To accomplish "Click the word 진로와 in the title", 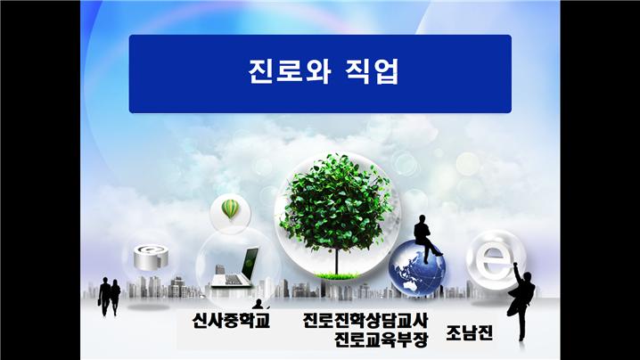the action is (x=288, y=72).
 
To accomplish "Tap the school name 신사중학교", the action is (x=232, y=320).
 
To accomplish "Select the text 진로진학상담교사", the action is (x=365, y=321).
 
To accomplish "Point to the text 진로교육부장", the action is (x=382, y=340).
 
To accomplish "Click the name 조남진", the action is (x=470, y=332).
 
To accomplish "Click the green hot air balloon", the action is (x=230, y=209).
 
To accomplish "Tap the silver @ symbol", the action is (x=151, y=257).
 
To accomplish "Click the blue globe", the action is (x=417, y=267).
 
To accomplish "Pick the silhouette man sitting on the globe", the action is (x=427, y=238).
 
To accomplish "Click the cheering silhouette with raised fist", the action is (x=521, y=301).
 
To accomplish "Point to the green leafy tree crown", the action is (x=337, y=202).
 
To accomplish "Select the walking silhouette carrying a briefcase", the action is (x=105, y=297).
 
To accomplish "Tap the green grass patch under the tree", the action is (x=337, y=276).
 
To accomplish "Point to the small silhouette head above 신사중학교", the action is (x=258, y=304).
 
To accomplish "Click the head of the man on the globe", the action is (x=421, y=219).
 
